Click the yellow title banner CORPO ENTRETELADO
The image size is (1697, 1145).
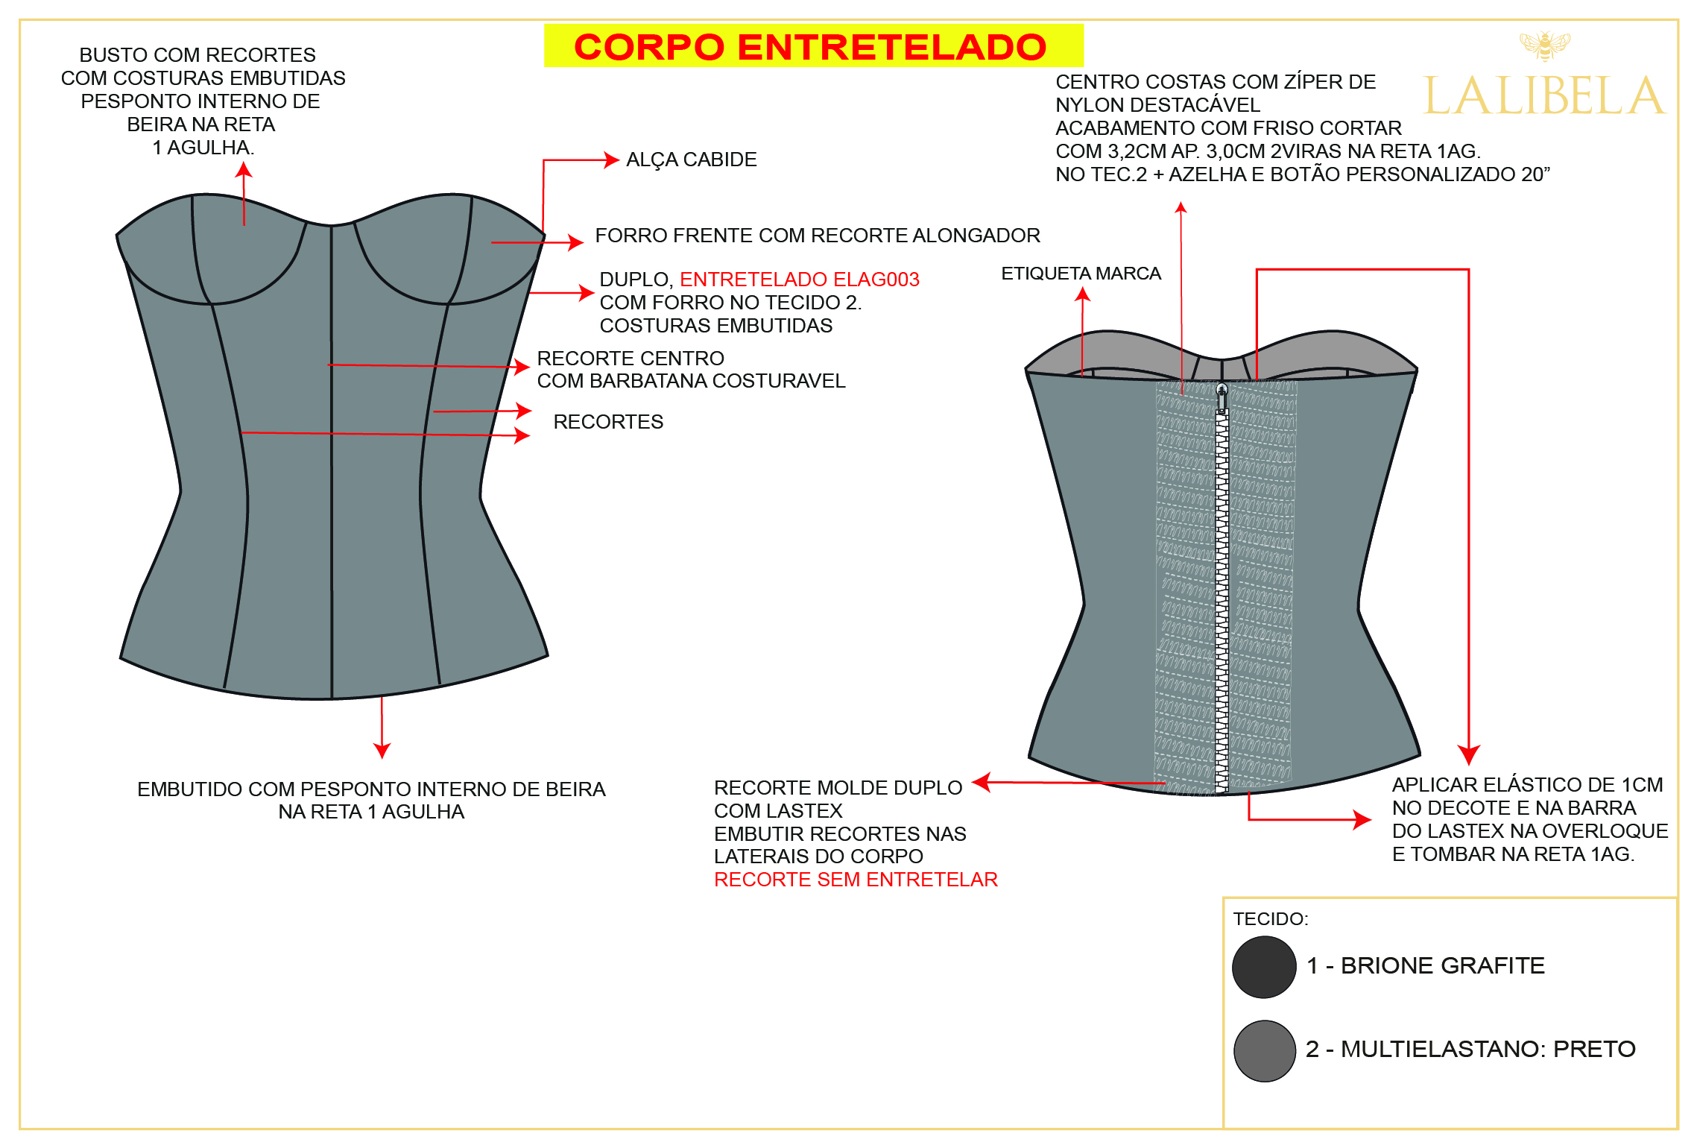click(813, 45)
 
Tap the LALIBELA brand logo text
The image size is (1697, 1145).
click(1543, 95)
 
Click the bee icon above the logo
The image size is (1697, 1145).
click(1545, 45)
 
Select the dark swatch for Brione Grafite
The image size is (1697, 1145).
click(1264, 967)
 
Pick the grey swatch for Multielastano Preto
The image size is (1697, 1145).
click(1265, 1051)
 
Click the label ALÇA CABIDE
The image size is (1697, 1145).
click(691, 160)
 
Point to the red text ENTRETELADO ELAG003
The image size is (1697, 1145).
click(800, 280)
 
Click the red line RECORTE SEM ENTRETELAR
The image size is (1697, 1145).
click(856, 880)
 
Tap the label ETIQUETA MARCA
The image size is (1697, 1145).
click(1081, 274)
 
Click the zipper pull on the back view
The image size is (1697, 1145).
click(1222, 398)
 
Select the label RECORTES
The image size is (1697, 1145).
click(608, 422)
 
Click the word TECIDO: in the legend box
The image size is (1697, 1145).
click(1271, 918)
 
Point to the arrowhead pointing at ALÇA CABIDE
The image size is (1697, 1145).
click(612, 160)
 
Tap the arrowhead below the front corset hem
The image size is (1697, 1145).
click(382, 750)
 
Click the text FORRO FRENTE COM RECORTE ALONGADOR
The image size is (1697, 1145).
click(818, 236)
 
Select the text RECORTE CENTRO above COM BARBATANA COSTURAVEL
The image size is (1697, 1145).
click(631, 359)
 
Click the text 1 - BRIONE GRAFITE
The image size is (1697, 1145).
click(1426, 966)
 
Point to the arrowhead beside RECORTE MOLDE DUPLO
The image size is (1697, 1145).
click(982, 782)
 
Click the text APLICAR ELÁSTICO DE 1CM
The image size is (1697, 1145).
click(1527, 785)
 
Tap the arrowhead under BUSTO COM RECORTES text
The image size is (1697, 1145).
click(244, 170)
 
